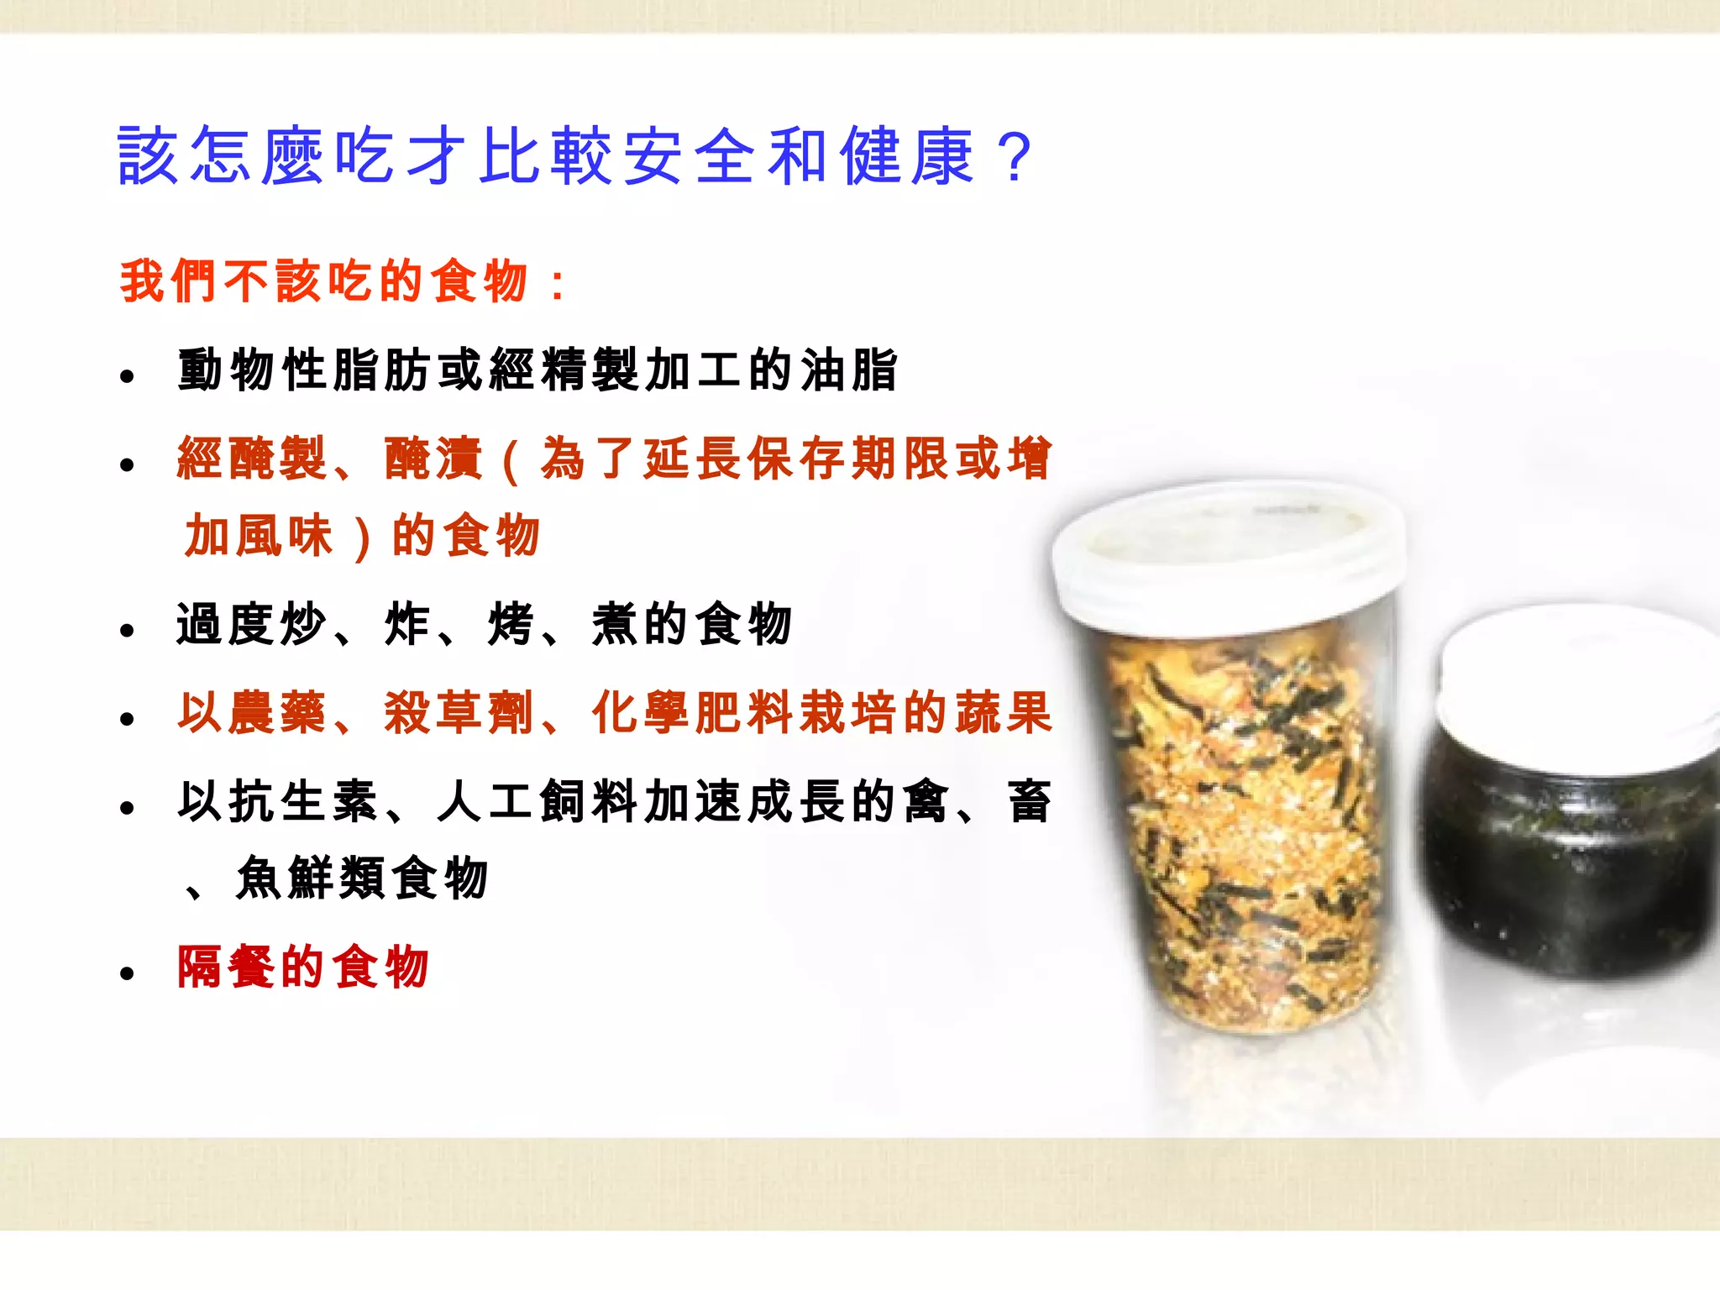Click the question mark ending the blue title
point(1015,156)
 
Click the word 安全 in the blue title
point(689,156)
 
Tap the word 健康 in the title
point(907,156)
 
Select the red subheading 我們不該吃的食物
point(324,281)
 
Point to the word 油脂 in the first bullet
point(849,370)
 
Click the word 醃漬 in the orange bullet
point(433,459)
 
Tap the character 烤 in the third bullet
point(510,625)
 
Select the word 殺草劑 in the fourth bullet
point(459,714)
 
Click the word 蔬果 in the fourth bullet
point(999,714)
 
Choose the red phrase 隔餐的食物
point(303,967)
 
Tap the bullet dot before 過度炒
point(127,631)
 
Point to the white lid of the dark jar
point(1579,680)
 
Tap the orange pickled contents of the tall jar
point(1243,840)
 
